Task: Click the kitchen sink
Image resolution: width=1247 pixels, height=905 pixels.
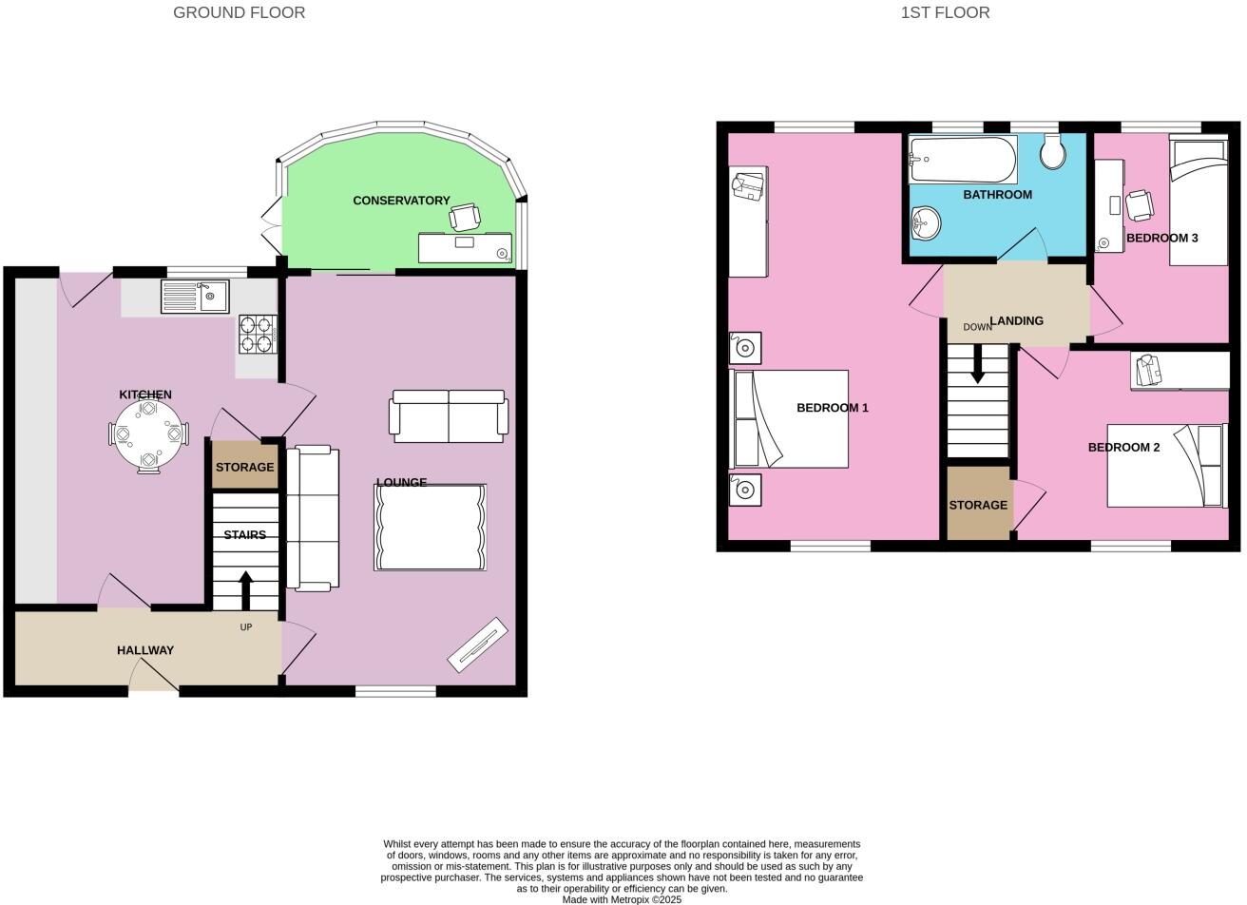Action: pyautogui.click(x=195, y=297)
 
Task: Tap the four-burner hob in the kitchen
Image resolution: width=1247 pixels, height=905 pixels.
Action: pyautogui.click(x=257, y=334)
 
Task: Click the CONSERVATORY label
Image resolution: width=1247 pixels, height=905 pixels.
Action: pyautogui.click(x=401, y=201)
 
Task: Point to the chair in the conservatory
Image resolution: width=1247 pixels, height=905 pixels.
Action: pyautogui.click(x=465, y=218)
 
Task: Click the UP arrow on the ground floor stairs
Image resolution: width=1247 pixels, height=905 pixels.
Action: pyautogui.click(x=245, y=589)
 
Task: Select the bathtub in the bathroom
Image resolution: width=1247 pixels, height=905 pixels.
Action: pyautogui.click(x=962, y=160)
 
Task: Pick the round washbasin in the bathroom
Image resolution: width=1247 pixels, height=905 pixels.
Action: pyautogui.click(x=925, y=223)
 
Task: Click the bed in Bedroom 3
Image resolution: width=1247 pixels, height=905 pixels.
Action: pyautogui.click(x=1198, y=202)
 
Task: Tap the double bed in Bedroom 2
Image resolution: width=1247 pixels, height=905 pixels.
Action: pyautogui.click(x=1166, y=466)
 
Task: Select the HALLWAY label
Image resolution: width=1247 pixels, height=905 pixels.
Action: pyautogui.click(x=145, y=650)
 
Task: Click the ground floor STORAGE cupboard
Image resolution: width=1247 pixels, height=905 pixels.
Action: pyautogui.click(x=244, y=467)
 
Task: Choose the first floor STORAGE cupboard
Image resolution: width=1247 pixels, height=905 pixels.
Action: pyautogui.click(x=978, y=505)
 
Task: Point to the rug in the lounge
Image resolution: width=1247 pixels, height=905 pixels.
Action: pyautogui.click(x=430, y=528)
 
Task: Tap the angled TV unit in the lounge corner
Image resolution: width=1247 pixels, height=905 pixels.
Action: pyautogui.click(x=477, y=645)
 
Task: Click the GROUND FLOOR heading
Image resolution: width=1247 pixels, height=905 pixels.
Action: pyautogui.click(x=239, y=12)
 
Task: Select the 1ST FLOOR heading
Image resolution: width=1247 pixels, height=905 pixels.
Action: pyautogui.click(x=945, y=12)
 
